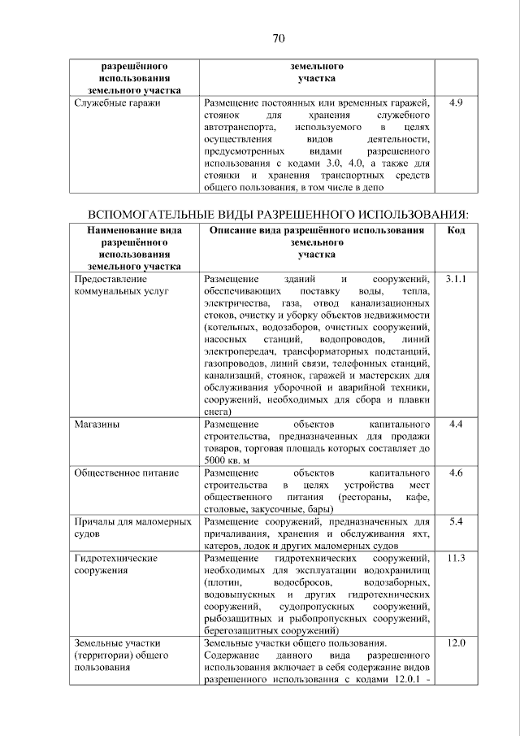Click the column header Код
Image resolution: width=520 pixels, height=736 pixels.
(456, 230)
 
